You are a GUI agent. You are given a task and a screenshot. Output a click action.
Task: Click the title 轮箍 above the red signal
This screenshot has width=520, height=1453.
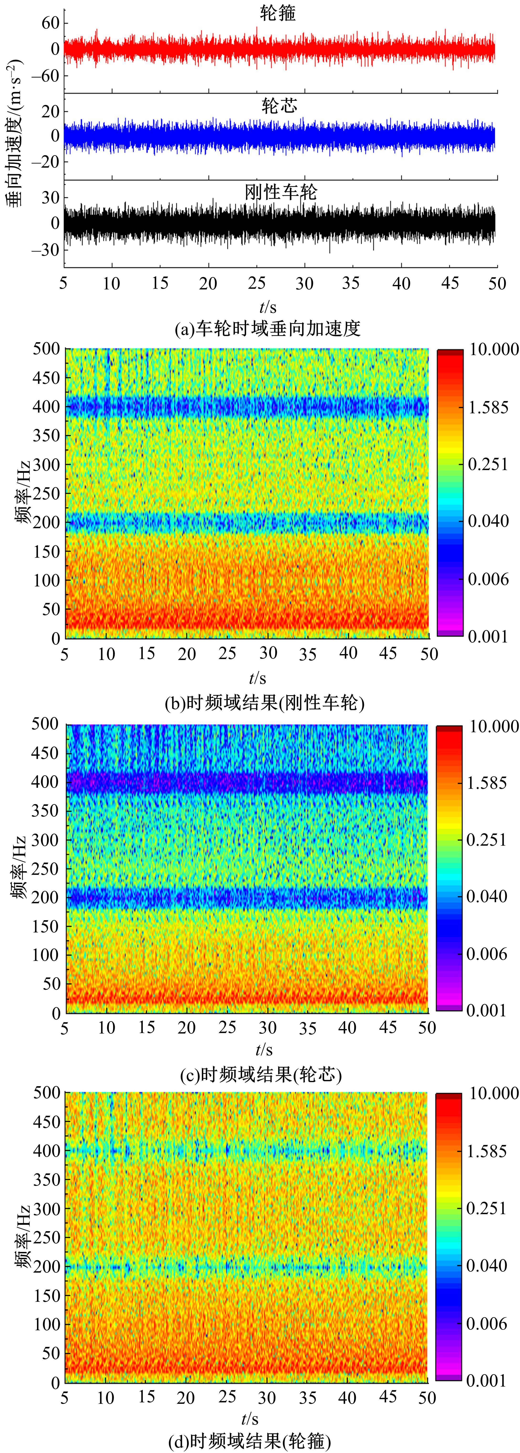click(279, 13)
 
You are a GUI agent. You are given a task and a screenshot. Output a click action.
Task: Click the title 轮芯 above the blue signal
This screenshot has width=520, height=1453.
click(279, 105)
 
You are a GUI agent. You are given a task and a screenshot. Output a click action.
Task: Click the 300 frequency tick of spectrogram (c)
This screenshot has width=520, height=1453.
click(45, 840)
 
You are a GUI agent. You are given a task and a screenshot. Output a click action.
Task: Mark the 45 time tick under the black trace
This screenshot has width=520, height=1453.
click(449, 283)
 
